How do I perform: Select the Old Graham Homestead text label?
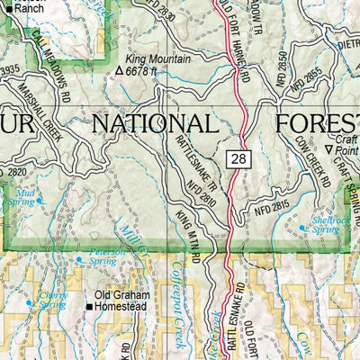125,301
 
